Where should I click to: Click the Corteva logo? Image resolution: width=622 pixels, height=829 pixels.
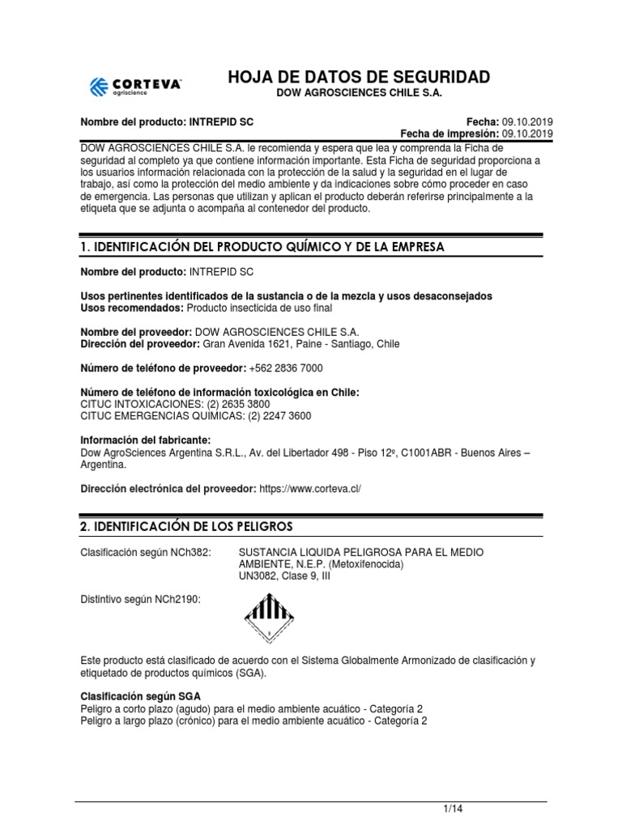135,87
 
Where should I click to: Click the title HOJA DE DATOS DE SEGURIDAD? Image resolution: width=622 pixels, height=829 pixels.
359,78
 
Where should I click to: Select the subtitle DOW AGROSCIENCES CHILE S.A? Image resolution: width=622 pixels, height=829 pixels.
360,95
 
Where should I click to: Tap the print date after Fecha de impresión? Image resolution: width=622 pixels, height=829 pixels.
527,134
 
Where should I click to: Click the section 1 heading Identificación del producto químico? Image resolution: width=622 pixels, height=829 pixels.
262,247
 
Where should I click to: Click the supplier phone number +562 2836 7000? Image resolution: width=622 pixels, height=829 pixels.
286,368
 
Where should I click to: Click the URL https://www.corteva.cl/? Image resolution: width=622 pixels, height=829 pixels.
309,489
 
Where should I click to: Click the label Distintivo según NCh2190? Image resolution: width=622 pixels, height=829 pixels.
140,599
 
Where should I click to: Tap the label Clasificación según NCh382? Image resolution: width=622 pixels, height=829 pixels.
145,552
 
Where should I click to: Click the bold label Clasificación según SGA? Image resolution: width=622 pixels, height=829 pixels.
141,697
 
